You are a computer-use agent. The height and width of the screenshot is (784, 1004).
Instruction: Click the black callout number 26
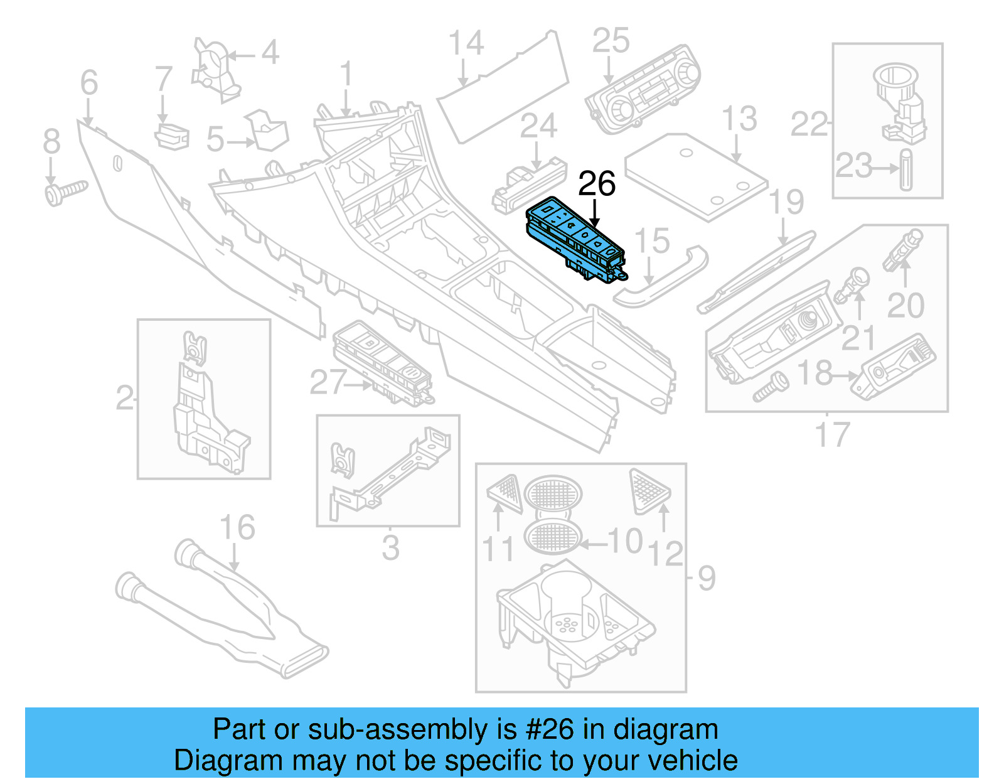click(x=596, y=184)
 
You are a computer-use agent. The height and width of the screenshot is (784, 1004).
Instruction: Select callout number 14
click(x=466, y=44)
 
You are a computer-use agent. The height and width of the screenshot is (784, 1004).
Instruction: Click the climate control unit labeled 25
click(x=643, y=91)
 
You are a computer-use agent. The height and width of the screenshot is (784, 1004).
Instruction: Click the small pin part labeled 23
click(x=905, y=169)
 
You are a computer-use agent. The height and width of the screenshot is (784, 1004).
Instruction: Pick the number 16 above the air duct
click(x=237, y=528)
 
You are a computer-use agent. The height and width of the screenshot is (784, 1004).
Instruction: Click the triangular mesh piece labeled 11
click(x=505, y=493)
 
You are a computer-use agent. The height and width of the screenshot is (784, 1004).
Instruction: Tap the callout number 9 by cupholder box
click(x=706, y=578)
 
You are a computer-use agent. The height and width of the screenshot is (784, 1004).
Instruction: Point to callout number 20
click(x=905, y=306)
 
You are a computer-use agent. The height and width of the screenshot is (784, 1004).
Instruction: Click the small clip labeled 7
click(x=171, y=137)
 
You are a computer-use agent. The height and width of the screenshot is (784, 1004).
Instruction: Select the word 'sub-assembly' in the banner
click(x=427, y=729)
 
